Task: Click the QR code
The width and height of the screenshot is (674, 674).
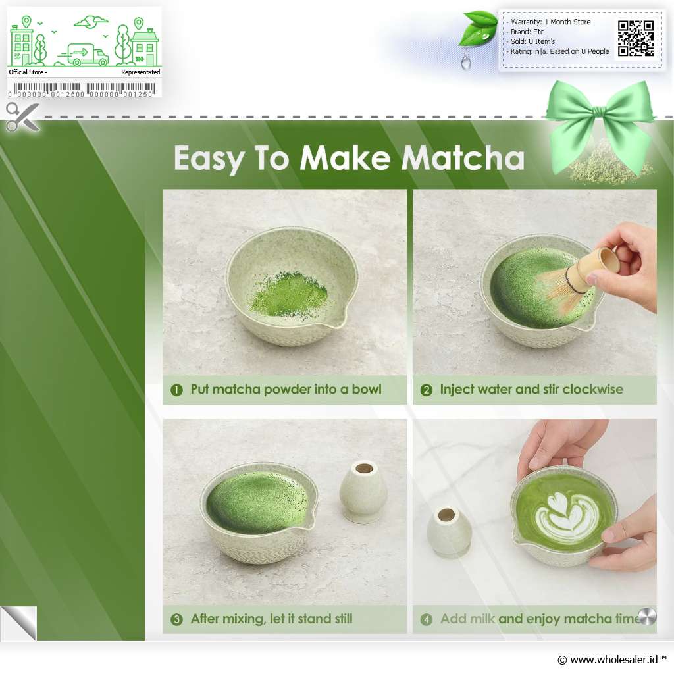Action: point(636,38)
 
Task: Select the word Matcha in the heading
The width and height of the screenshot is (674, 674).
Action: point(463,158)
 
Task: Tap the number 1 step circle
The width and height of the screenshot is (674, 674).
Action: point(176,390)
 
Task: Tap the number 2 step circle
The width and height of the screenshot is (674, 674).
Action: point(426,390)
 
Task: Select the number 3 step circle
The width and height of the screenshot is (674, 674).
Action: point(176,619)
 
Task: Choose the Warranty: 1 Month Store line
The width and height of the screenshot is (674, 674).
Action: point(550,22)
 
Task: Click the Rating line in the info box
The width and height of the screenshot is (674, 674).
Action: point(559,51)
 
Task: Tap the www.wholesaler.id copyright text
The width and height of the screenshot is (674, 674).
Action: point(611,660)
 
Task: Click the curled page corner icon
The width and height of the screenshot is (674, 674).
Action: point(18,623)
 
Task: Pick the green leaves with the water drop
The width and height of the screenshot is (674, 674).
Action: point(477,38)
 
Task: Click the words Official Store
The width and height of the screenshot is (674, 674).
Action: point(26,72)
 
